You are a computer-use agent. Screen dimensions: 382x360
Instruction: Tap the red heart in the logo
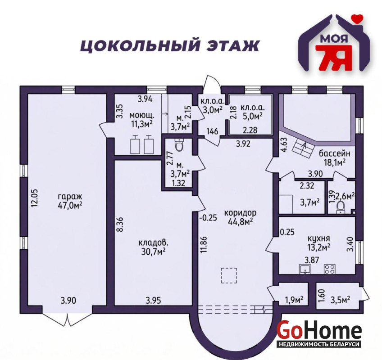pos(357,19)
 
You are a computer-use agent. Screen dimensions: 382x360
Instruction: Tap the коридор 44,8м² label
pos(240,217)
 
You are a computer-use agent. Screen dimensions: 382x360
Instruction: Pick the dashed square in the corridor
pos(229,275)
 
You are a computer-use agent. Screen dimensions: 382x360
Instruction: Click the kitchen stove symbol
pos(329,269)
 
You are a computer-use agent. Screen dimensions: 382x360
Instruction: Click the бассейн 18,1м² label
pos(335,158)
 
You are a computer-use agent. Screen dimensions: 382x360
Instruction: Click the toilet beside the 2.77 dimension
pos(179,145)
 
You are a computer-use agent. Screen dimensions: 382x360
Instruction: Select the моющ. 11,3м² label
pos(142,120)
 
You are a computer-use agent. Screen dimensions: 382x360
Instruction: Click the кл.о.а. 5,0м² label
pos(252,112)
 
